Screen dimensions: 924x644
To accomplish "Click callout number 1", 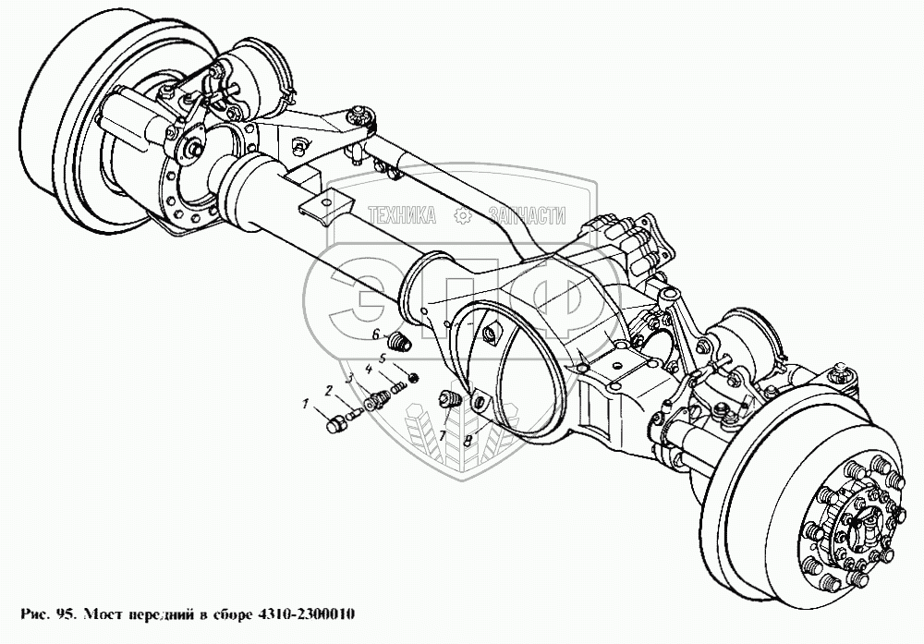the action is (305, 404).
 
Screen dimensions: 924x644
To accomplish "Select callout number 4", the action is (369, 370).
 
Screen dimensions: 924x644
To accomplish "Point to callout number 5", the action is (383, 358).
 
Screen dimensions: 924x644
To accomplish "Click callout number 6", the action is (375, 335).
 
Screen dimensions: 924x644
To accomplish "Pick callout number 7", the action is (442, 435).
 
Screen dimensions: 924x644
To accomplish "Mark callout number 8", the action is (468, 440).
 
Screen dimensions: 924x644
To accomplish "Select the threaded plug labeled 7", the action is (450, 399).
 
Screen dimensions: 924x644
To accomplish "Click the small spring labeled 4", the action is (397, 388).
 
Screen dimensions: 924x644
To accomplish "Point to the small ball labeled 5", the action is (414, 376).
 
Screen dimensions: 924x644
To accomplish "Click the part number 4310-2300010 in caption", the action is (307, 614).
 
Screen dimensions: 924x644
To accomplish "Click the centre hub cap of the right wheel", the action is (861, 526).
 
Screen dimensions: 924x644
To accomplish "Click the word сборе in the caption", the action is (232, 614).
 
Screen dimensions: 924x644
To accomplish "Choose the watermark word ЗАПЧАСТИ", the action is (528, 216).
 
